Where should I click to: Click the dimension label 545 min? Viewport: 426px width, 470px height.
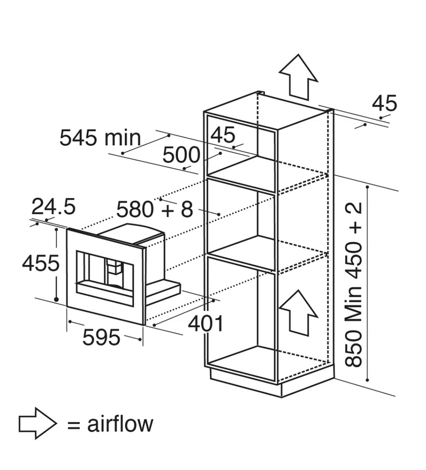pos(100,138)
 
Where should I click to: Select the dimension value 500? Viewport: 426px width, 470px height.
pos(181,155)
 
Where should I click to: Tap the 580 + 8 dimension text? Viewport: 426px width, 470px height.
pos(154,209)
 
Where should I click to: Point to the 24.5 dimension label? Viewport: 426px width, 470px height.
pos(54,205)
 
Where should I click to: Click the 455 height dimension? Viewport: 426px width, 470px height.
pos(40,263)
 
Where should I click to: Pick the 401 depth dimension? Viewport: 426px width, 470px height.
pos(205,323)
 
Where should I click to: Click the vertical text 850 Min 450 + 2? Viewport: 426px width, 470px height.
pos(354,285)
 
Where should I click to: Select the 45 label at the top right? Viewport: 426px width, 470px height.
pos(384,103)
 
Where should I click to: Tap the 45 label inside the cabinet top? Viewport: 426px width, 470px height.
pos(223,135)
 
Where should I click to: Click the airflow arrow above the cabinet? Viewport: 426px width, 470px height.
pos(298,77)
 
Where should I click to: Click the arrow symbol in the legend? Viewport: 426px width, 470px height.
pos(37,424)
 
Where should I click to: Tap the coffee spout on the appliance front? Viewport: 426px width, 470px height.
pos(113,269)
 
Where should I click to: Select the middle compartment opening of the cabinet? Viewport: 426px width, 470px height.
pos(240,218)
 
